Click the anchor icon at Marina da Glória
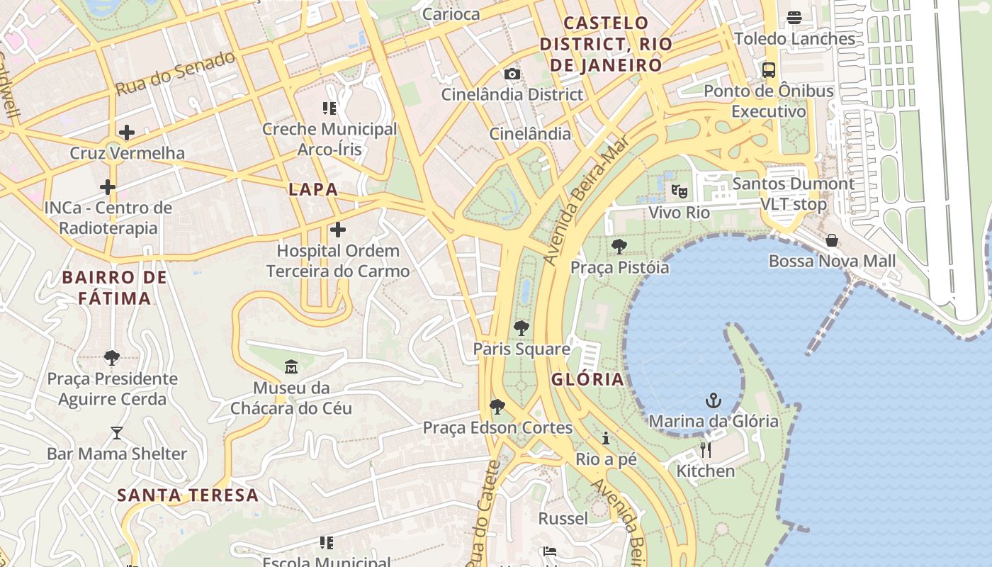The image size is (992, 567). click(x=714, y=401)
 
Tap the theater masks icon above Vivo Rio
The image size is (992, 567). click(x=679, y=191)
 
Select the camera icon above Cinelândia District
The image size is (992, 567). click(x=512, y=74)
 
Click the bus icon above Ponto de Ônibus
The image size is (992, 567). click(x=769, y=70)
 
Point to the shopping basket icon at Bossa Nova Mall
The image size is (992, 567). click(x=832, y=240)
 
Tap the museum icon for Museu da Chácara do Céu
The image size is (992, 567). click(x=291, y=367)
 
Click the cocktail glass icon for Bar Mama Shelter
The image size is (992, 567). click(x=117, y=432)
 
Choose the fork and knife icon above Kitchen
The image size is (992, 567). click(x=706, y=450)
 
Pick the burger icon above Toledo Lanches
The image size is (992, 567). click(x=794, y=17)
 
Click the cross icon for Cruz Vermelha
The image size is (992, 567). click(x=127, y=133)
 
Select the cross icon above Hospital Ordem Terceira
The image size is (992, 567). click(x=338, y=230)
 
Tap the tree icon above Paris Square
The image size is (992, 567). click(x=522, y=328)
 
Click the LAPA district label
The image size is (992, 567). click(x=313, y=189)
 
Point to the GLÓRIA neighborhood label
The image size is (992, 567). click(x=588, y=379)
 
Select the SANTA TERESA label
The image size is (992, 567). click(x=188, y=495)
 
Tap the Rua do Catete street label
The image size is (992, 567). click(x=485, y=514)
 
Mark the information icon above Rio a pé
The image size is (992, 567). click(x=606, y=438)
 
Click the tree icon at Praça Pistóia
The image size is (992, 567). click(x=619, y=247)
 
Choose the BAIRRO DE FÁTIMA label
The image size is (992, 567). click(x=114, y=287)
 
